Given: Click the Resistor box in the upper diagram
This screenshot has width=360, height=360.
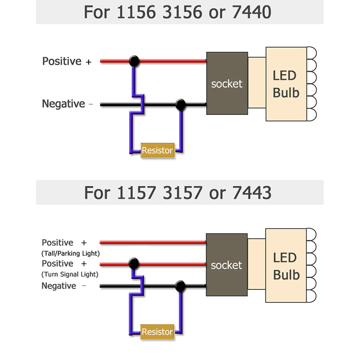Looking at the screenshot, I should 157,150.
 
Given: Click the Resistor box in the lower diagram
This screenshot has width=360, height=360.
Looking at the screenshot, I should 157,332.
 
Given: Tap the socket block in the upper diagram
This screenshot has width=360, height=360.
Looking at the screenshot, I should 227,83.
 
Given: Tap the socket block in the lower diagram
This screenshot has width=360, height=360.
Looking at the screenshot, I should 226,265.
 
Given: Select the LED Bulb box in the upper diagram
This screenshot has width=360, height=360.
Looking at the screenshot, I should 286,84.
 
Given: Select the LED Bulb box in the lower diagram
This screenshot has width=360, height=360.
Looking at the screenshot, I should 285,265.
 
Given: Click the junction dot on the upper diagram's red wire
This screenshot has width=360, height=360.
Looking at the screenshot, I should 133,61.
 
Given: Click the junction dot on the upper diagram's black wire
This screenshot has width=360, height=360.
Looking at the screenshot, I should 180,105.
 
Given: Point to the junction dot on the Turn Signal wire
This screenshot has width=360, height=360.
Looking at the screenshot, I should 133,263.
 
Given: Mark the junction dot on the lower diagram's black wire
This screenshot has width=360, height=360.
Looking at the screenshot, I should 180,286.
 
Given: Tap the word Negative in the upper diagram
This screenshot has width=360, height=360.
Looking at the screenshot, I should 63,104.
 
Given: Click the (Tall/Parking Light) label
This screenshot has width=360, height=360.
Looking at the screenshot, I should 70,253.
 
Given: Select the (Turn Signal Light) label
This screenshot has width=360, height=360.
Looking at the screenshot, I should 70,274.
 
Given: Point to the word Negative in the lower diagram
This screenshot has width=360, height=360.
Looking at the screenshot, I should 59,286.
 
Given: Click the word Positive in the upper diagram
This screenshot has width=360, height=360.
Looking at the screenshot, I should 62,61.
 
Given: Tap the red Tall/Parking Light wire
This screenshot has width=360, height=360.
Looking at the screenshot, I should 153,243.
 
